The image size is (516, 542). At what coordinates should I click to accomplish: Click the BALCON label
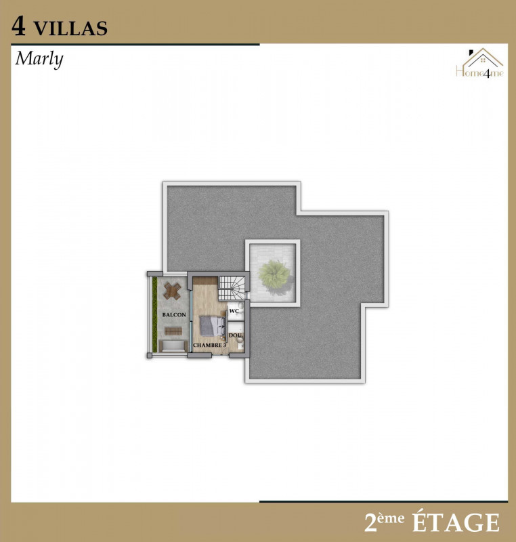pos(174,315)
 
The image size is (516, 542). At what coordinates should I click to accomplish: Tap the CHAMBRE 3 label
pos(210,346)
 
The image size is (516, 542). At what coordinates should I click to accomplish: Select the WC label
pos(234,311)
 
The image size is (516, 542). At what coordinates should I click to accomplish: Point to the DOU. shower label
pos(236,335)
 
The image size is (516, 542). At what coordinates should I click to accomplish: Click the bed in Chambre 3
pos(212,326)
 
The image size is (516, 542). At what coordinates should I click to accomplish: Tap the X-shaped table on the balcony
pos(171,291)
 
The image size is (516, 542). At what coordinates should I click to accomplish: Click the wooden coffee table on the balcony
pos(173,331)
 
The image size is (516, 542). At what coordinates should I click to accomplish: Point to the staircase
pos(232,289)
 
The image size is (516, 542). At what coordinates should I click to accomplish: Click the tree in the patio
pos(274,275)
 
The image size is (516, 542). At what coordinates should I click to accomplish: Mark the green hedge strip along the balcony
pos(154,314)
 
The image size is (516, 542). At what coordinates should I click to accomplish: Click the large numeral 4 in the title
pos(19,26)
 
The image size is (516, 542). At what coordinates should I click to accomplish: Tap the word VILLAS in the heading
pos(70,28)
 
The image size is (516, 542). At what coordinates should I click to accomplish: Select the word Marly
pos(39,59)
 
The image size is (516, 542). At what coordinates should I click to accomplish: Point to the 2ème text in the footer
pos(384,522)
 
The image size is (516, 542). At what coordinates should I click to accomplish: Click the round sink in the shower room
pos(240,341)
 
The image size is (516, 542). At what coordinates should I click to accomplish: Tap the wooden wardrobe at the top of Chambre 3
pos(205,280)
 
